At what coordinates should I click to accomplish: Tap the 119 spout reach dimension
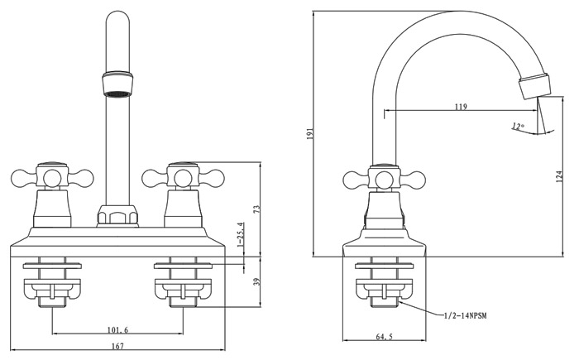(461, 107)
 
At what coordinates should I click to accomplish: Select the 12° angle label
(518, 126)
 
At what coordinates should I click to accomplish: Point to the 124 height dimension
(559, 175)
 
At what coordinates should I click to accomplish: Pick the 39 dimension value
(257, 282)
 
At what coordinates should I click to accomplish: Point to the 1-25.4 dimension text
(241, 236)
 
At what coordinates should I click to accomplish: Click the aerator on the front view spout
(117, 84)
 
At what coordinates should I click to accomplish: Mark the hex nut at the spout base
(117, 215)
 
